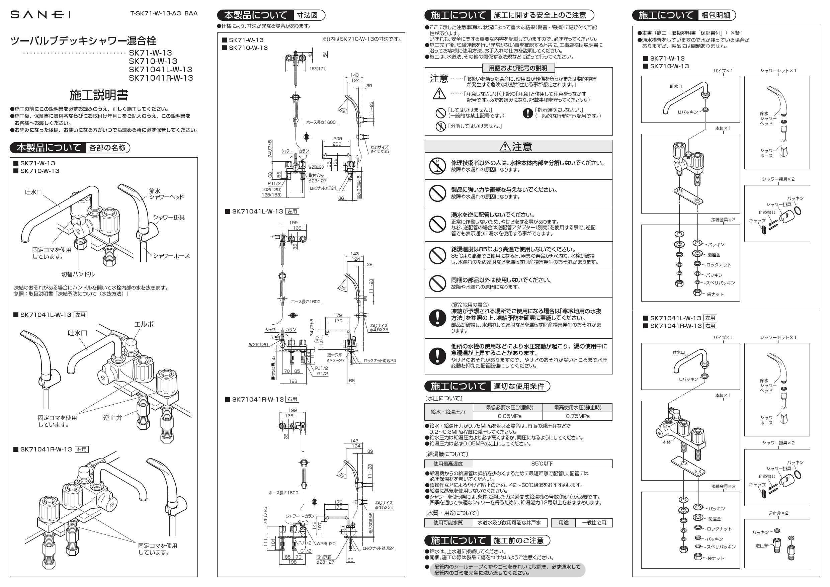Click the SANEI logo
click(40, 14)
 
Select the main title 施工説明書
click(99, 95)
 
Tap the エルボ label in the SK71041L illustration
click(144, 324)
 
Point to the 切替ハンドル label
click(78, 274)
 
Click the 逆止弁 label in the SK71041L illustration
click(112, 417)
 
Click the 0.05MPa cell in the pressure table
click(509, 416)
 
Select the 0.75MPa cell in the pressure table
click(578, 416)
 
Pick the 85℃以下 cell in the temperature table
click(542, 464)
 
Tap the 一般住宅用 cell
click(594, 523)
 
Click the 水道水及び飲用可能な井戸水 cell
click(509, 523)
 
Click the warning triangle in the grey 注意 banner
click(504, 146)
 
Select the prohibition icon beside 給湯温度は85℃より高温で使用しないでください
click(437, 255)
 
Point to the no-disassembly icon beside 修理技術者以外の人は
click(437, 166)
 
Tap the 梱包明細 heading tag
click(716, 15)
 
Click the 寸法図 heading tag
click(307, 15)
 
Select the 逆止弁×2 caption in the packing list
click(778, 513)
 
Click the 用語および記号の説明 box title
click(518, 68)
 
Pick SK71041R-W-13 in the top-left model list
click(161, 78)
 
